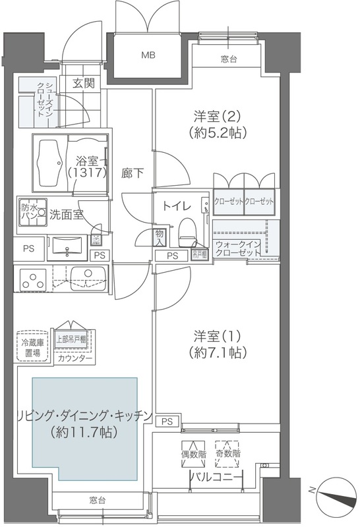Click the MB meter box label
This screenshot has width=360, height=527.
pyautogui.click(x=147, y=55)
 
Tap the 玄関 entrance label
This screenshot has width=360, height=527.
pyautogui.click(x=84, y=83)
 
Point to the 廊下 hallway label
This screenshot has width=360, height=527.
pyautogui.click(x=131, y=174)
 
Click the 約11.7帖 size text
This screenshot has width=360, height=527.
pyautogui.click(x=82, y=433)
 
